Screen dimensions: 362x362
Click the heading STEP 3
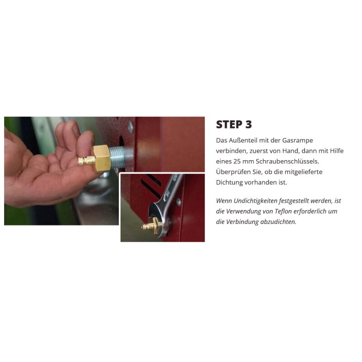234,124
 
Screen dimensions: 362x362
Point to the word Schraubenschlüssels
287,162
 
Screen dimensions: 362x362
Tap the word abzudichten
278,222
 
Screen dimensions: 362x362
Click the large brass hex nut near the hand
101,158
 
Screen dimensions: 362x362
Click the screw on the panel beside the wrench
179,202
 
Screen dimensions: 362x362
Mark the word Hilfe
336,151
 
